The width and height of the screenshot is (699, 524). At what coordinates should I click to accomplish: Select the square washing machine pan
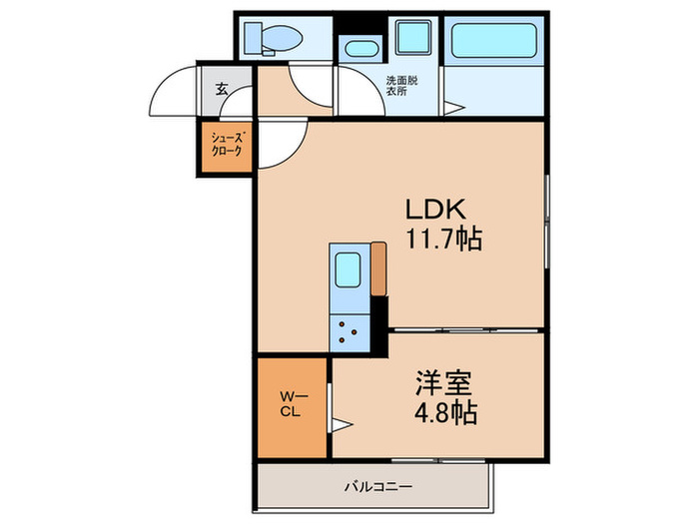[411, 38]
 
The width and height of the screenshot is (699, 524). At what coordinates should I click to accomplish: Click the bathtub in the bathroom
[494, 42]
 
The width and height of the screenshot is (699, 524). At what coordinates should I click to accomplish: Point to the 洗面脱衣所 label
[404, 87]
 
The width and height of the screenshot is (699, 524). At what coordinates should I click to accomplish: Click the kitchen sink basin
[349, 269]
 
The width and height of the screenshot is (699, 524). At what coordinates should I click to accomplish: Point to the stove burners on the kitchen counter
[350, 329]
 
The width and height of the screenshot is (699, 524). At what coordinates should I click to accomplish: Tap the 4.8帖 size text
[444, 411]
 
